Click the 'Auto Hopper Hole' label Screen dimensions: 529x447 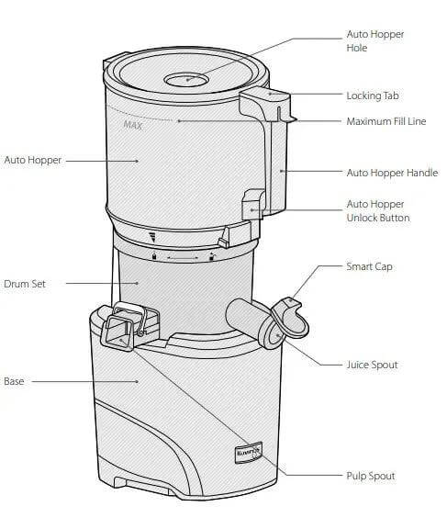[x=374, y=40]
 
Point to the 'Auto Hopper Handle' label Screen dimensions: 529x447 [x=391, y=173]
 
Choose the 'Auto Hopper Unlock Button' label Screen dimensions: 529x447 [x=376, y=210]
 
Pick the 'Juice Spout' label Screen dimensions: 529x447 [x=371, y=365]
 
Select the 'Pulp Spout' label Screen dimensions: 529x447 [x=369, y=476]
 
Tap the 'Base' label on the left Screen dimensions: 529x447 [x=15, y=380]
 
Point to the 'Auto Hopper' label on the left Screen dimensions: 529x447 [x=32, y=160]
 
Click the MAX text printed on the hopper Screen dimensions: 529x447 [x=132, y=124]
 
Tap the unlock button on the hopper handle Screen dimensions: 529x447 [x=251, y=204]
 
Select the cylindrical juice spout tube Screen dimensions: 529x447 [x=246, y=317]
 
